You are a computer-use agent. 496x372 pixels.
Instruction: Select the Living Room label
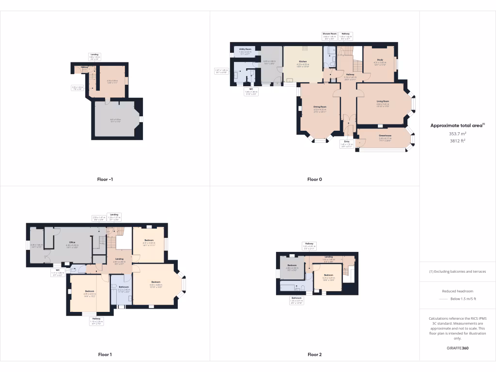[x=383, y=101]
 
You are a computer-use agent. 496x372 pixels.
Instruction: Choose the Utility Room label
[x=245, y=49]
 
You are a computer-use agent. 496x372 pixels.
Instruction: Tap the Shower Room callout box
[x=329, y=35]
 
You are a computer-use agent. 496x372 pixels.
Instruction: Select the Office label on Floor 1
[x=72, y=242]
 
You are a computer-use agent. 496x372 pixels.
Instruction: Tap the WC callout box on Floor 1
[x=57, y=272]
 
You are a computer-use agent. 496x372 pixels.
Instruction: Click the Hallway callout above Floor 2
[x=309, y=245]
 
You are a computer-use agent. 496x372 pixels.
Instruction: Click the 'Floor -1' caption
[x=105, y=179]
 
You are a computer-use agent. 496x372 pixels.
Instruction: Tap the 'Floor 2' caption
[x=314, y=355]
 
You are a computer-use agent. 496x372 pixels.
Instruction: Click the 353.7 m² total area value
[x=457, y=134]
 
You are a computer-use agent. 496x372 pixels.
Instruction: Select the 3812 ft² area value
[x=457, y=141]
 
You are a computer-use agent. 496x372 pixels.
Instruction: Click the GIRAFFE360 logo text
[x=457, y=348]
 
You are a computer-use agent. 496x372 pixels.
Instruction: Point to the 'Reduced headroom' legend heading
[x=457, y=291]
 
